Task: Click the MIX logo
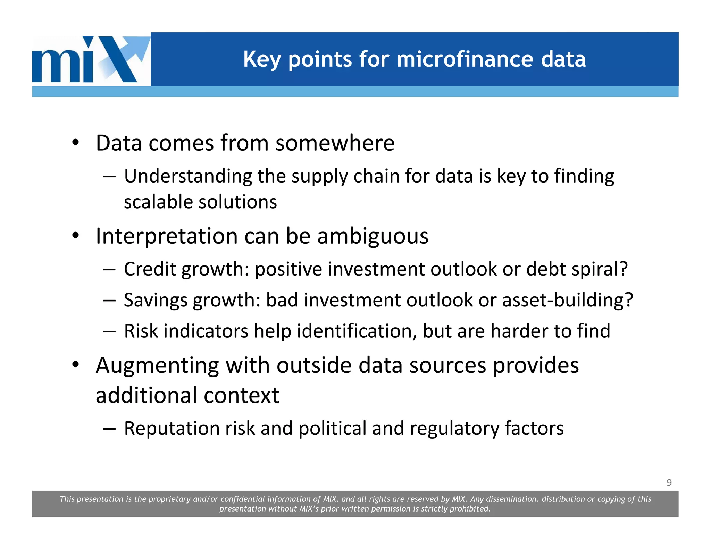point(91,59)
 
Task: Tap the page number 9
point(669,482)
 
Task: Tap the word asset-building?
point(567,300)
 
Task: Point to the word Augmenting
point(157,366)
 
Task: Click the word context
point(241,396)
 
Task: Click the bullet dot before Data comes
point(76,143)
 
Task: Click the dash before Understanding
point(109,176)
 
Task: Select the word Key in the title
point(262,60)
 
